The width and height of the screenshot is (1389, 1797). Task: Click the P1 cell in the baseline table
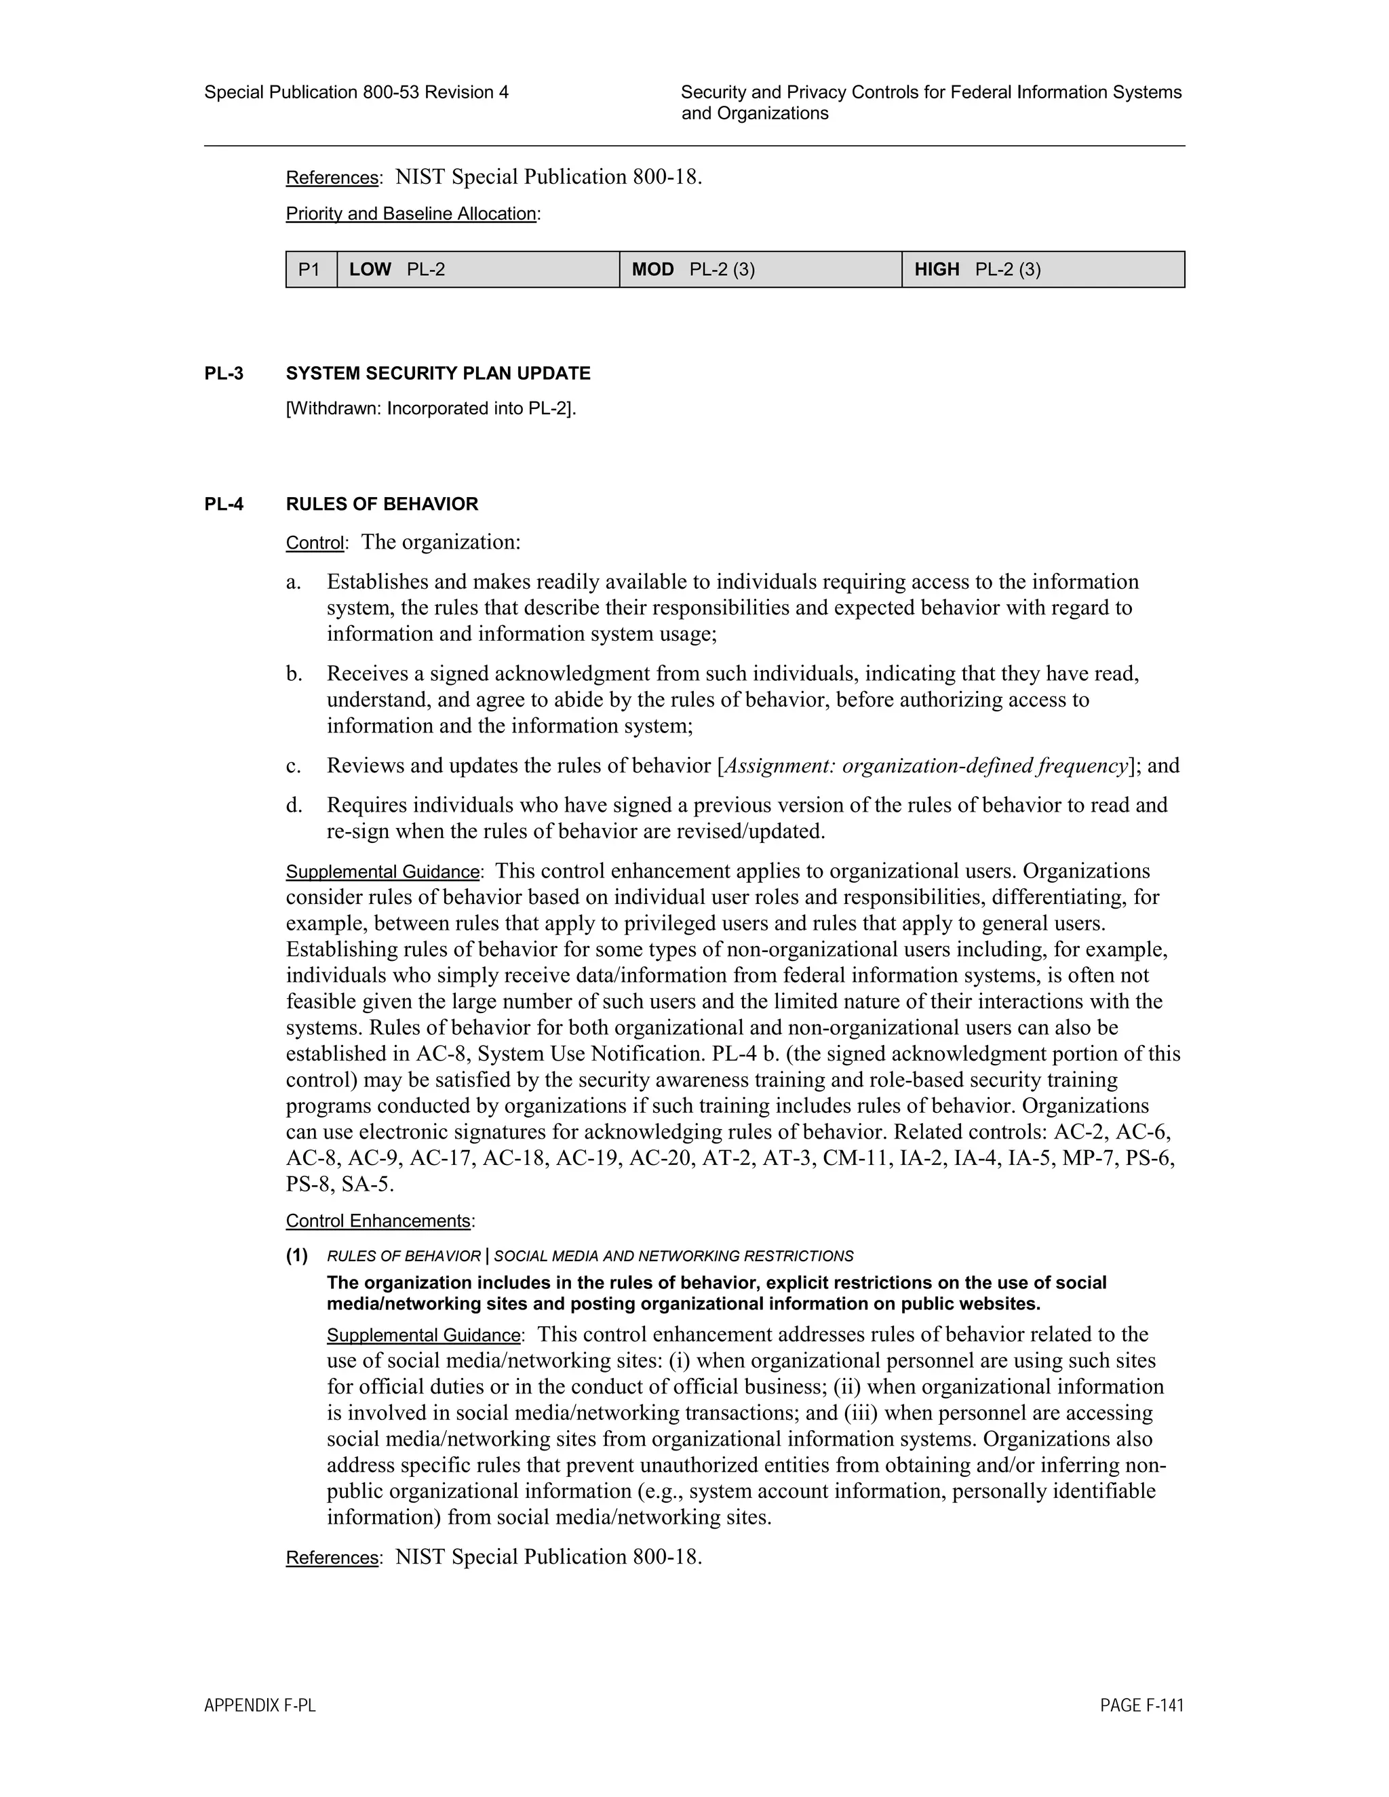pos(310,269)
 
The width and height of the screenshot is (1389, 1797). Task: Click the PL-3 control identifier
pos(224,374)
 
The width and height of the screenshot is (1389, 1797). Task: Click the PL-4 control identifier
pos(224,504)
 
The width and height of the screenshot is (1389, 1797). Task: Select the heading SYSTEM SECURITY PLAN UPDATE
pos(437,374)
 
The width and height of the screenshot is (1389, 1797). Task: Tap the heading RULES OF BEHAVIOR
pos(382,504)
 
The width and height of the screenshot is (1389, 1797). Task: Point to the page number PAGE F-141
pos(1141,1705)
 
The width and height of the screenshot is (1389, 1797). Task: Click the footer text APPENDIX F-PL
pos(259,1705)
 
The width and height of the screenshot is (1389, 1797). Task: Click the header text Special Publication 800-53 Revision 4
pos(356,92)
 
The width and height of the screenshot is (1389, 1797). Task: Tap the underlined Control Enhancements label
pos(378,1221)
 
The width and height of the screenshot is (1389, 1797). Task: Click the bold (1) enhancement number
pos(297,1256)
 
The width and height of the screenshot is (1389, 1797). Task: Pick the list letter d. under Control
pos(294,805)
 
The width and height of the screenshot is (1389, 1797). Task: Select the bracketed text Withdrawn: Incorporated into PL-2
pos(431,408)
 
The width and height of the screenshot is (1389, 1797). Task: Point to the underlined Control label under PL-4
pos(314,543)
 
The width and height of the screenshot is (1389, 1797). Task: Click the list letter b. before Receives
pos(294,674)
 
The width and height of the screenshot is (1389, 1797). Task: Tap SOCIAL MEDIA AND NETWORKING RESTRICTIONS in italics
pos(673,1257)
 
